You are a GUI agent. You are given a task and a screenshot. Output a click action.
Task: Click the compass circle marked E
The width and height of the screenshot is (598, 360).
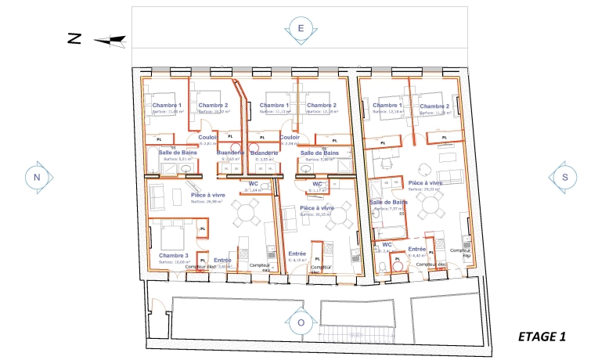point(300,28)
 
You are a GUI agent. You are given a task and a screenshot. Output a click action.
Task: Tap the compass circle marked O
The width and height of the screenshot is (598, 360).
point(300,322)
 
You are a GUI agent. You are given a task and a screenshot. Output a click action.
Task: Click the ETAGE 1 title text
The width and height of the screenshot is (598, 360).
point(542,337)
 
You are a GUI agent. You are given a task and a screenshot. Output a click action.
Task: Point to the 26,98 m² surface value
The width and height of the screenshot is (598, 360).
point(207,201)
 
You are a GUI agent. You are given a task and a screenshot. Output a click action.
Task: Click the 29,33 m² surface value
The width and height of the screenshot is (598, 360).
point(425,189)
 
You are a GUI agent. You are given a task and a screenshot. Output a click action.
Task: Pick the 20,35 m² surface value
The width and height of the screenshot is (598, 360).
point(316,214)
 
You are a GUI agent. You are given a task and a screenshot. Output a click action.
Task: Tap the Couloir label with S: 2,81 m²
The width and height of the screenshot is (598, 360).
point(207,137)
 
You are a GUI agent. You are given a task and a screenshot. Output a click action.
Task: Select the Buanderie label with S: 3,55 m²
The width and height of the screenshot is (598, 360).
point(265,153)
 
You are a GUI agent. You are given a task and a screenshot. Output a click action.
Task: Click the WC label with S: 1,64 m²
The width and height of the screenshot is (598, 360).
point(254,183)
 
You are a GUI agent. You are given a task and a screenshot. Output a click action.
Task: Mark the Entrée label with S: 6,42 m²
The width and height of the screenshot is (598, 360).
point(416,249)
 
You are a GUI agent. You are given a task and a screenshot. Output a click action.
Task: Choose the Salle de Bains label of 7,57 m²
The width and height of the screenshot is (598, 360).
point(389,202)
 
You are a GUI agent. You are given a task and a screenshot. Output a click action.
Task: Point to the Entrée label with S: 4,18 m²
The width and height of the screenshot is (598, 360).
point(297,254)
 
